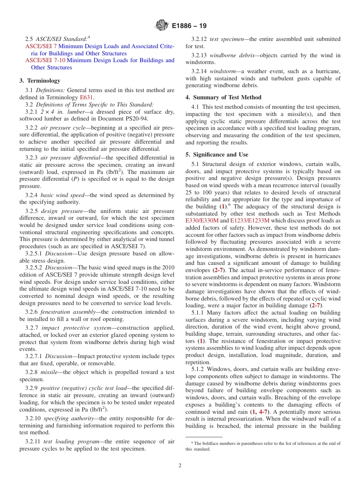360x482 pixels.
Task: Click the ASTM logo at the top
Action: pyautogui.click(x=162, y=26)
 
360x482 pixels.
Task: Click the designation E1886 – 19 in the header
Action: pyautogui.click(x=189, y=26)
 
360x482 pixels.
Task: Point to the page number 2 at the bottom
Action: pyautogui.click(x=180, y=465)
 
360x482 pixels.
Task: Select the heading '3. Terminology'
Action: pyautogui.click(x=40, y=81)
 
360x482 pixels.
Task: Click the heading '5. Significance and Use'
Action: pyautogui.click(x=217, y=155)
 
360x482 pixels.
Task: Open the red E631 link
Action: pyautogui.click(x=86, y=97)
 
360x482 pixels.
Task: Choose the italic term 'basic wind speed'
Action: pyautogui.click(x=62, y=195)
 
